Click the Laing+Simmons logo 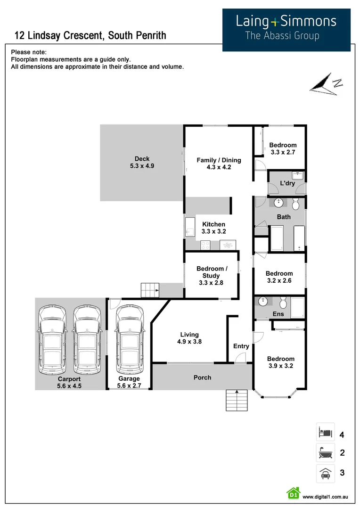coord(286,30)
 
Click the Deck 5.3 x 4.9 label coord(142,162)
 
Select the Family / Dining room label coord(219,164)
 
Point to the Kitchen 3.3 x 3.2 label coord(213,228)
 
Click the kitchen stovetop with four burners coord(205,245)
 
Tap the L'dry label coord(287,183)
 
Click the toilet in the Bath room coord(295,204)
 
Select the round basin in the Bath coord(278,203)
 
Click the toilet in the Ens coord(283,303)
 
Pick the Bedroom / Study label coord(211,276)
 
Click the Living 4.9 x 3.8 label coord(189,338)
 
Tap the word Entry coord(241,346)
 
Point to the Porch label coord(202,378)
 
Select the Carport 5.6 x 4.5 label coord(69,382)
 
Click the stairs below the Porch coord(237,401)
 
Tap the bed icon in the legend coord(325,432)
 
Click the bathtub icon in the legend coord(325,452)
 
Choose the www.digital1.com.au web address coord(325,497)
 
